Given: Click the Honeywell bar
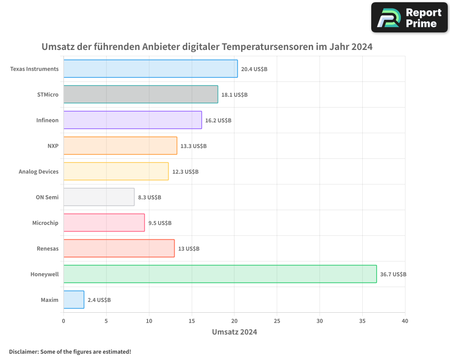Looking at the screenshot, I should click(x=220, y=274).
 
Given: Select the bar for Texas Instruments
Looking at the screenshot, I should click(x=150, y=69).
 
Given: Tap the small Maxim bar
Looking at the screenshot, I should click(x=74, y=300).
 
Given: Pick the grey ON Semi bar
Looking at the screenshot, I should click(x=99, y=197).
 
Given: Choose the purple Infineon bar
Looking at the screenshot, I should click(x=132, y=120).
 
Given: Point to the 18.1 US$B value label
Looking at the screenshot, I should click(x=234, y=95).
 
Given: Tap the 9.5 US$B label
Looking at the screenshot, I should click(x=160, y=223).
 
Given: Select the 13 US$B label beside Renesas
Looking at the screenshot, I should click(x=189, y=249).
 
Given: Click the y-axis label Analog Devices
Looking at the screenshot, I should click(x=39, y=171).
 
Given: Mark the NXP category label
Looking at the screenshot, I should click(x=53, y=146).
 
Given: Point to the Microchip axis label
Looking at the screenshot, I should click(x=45, y=223).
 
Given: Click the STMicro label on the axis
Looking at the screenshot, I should click(x=48, y=94).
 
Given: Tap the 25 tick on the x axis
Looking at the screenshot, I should click(x=277, y=321).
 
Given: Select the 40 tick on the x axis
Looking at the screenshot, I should click(x=405, y=321).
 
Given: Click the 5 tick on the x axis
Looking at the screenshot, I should click(x=106, y=321).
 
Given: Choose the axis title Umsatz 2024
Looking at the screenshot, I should click(x=234, y=332).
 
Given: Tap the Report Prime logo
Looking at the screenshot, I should click(x=409, y=18).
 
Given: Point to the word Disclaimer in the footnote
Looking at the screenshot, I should click(x=23, y=351).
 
